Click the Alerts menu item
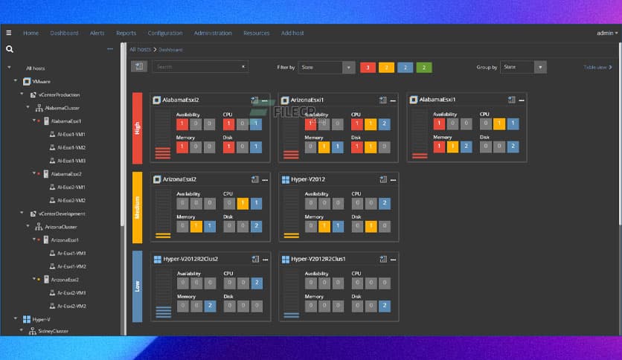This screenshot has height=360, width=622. (x=97, y=33)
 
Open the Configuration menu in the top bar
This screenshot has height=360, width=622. (x=164, y=33)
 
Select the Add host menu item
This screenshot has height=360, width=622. (x=292, y=33)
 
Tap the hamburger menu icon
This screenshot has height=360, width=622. (x=8, y=33)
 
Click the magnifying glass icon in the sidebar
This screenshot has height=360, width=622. (x=10, y=50)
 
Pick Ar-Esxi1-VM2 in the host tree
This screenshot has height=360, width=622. (x=71, y=266)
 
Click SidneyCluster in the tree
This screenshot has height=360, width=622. (x=53, y=332)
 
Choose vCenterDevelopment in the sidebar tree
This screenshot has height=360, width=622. (x=60, y=213)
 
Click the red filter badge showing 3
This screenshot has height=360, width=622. (x=367, y=68)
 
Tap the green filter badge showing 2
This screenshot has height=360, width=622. (x=423, y=68)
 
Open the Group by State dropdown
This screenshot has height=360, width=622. (x=523, y=68)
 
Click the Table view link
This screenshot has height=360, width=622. (x=597, y=68)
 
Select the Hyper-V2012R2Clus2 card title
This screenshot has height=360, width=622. (x=185, y=259)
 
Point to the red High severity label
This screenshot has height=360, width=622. (x=137, y=128)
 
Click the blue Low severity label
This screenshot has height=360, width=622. (x=137, y=286)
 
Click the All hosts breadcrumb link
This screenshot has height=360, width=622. (x=140, y=49)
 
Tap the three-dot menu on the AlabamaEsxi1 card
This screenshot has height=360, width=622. (x=521, y=100)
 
